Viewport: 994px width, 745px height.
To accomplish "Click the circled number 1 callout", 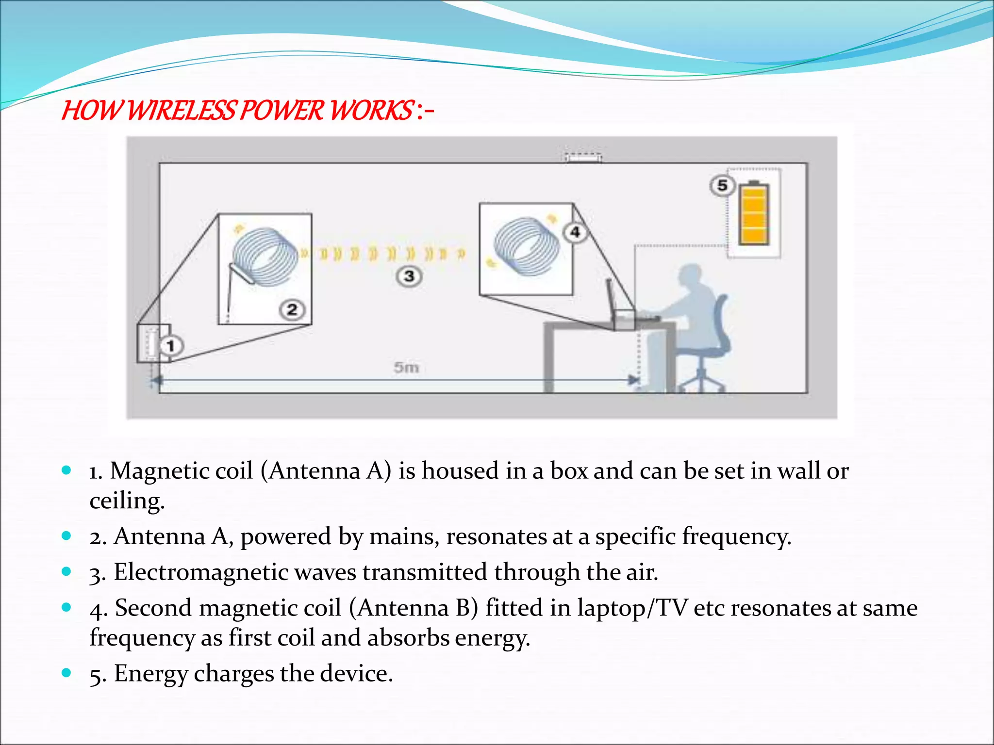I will pyautogui.click(x=170, y=346).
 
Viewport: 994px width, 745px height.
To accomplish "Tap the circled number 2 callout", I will pyautogui.click(x=292, y=309).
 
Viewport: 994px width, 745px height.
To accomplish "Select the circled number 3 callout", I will pyautogui.click(x=409, y=276).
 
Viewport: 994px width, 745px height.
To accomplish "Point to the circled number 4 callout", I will pyautogui.click(x=575, y=232).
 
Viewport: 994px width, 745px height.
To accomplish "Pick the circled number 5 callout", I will pyautogui.click(x=722, y=185).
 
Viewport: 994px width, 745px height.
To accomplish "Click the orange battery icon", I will pyautogui.click(x=754, y=213).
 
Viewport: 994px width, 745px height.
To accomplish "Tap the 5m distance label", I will pyautogui.click(x=406, y=367).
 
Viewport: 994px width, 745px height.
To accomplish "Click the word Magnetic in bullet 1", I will pyautogui.click(x=182, y=470).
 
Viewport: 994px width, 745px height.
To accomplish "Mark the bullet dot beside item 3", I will pyautogui.click(x=67, y=571).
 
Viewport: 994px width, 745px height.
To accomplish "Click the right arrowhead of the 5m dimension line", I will pyautogui.click(x=633, y=380).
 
